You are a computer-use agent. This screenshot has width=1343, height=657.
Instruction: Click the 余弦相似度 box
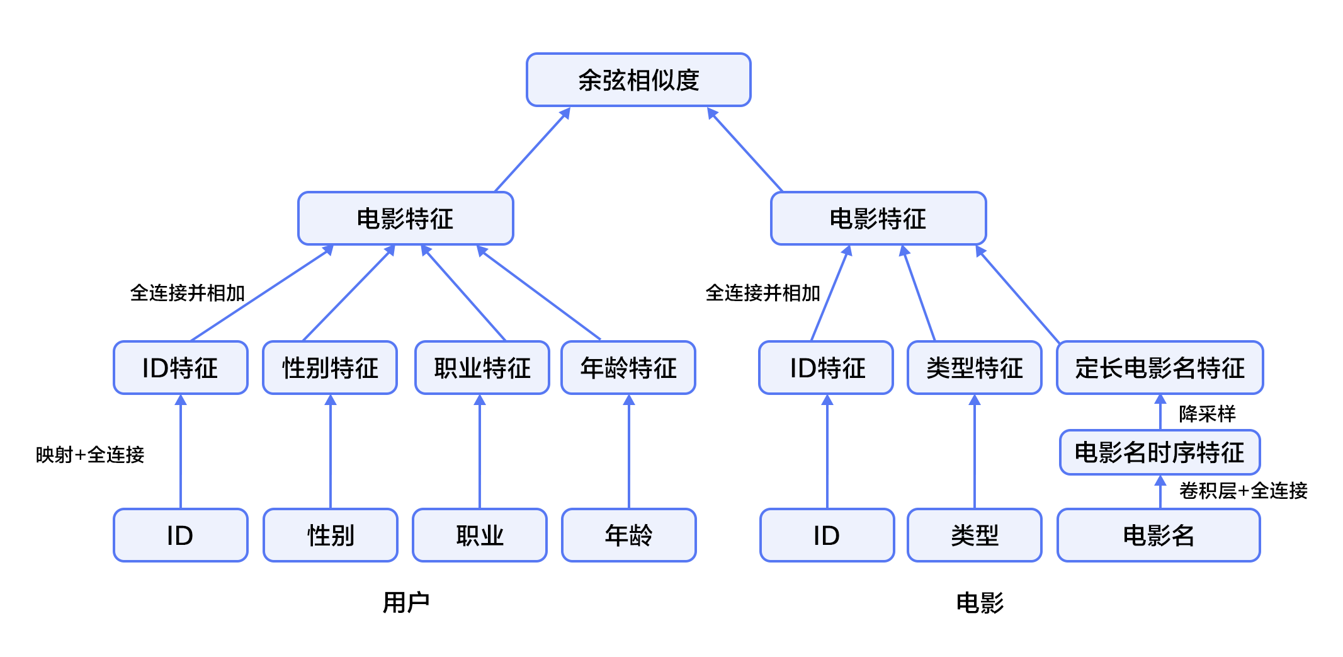(x=638, y=80)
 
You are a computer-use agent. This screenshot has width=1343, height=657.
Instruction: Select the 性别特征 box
(x=330, y=368)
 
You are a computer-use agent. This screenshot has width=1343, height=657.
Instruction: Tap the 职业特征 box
(x=482, y=368)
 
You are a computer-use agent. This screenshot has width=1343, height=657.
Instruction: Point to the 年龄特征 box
(x=628, y=368)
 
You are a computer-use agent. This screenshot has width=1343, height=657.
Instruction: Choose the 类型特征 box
(x=975, y=368)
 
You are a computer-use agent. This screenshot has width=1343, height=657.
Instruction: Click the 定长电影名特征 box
(x=1160, y=368)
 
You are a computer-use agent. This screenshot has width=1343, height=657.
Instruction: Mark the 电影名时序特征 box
(x=1160, y=452)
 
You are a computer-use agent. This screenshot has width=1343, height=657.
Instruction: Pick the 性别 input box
(x=331, y=535)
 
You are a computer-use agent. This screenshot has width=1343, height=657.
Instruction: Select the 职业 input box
(x=480, y=535)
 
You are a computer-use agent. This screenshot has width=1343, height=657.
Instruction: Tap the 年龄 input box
(x=629, y=535)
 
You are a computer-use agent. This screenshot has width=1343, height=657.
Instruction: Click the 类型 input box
(x=975, y=535)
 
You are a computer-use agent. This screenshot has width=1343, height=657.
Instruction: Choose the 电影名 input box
(x=1159, y=535)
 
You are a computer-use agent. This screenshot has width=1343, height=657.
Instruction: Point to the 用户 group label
(x=406, y=603)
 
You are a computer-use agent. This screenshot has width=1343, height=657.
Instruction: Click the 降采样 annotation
(x=1207, y=414)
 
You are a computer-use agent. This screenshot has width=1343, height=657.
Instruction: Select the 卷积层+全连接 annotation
(x=1244, y=490)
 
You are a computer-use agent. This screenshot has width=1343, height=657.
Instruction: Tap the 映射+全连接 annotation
(x=90, y=454)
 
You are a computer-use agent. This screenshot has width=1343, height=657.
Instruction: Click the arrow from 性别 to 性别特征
(x=331, y=452)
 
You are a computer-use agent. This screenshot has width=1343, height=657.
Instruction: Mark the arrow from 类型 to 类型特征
(x=975, y=452)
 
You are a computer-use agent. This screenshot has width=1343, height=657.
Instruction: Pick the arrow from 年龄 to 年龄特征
(x=629, y=452)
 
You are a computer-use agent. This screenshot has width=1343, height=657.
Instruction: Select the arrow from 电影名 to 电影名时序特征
(x=1160, y=492)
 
